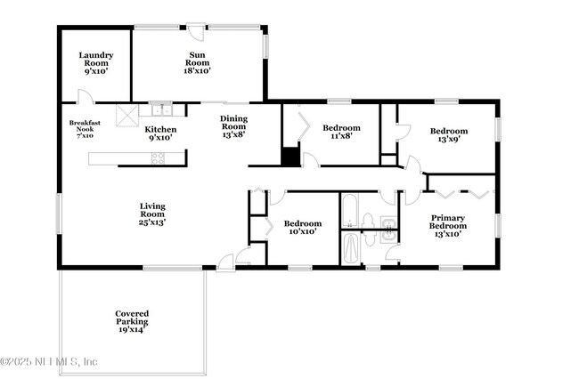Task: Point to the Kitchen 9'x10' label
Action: point(160,133)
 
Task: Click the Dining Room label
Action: point(234,125)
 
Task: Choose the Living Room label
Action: point(152,214)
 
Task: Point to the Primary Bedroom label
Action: point(447,225)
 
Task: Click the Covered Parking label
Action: point(132,321)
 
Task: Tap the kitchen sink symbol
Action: point(161,109)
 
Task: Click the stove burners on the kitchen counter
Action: point(158,158)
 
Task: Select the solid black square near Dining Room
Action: point(289,157)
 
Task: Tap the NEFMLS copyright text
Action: point(50,361)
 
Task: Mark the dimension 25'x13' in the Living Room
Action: point(152,222)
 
